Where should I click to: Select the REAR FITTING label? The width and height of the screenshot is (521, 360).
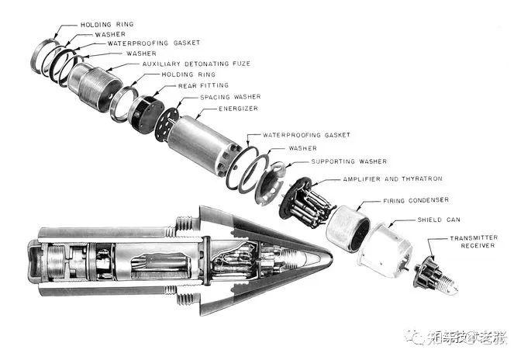[x=203, y=85]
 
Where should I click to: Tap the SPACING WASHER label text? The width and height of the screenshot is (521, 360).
[x=229, y=97]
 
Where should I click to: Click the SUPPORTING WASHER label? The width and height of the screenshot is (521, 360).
[x=344, y=161]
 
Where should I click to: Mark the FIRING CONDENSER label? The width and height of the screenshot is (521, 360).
[x=414, y=201]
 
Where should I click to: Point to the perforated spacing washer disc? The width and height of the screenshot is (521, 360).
[x=166, y=124]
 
